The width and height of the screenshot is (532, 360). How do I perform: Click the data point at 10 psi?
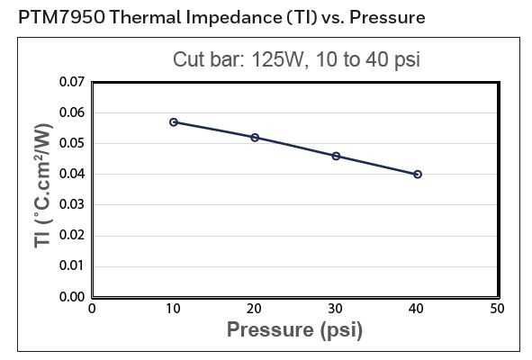pos(174,121)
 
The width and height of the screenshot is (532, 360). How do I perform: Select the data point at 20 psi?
pos(255,138)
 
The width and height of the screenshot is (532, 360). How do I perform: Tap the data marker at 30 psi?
pos(336,156)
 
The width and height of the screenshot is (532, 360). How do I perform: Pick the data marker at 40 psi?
pos(418,174)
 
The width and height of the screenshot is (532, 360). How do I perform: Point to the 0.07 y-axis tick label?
pos(72,82)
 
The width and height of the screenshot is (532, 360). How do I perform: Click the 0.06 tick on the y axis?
pos(72,112)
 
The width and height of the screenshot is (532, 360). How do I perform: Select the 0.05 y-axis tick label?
pos(72,143)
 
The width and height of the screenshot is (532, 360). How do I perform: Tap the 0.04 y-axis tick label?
pos(72,174)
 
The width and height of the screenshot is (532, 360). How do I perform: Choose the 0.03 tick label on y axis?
pos(72,204)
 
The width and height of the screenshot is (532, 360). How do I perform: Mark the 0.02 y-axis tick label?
pos(72,235)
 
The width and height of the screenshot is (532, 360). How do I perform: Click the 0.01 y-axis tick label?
pos(72,265)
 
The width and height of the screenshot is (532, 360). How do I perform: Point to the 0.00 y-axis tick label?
pos(72,296)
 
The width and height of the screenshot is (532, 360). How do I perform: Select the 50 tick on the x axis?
pos(496,309)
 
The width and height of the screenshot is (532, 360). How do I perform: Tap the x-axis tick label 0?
pos(92,309)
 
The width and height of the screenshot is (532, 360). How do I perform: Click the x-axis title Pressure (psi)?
pos(294,330)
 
